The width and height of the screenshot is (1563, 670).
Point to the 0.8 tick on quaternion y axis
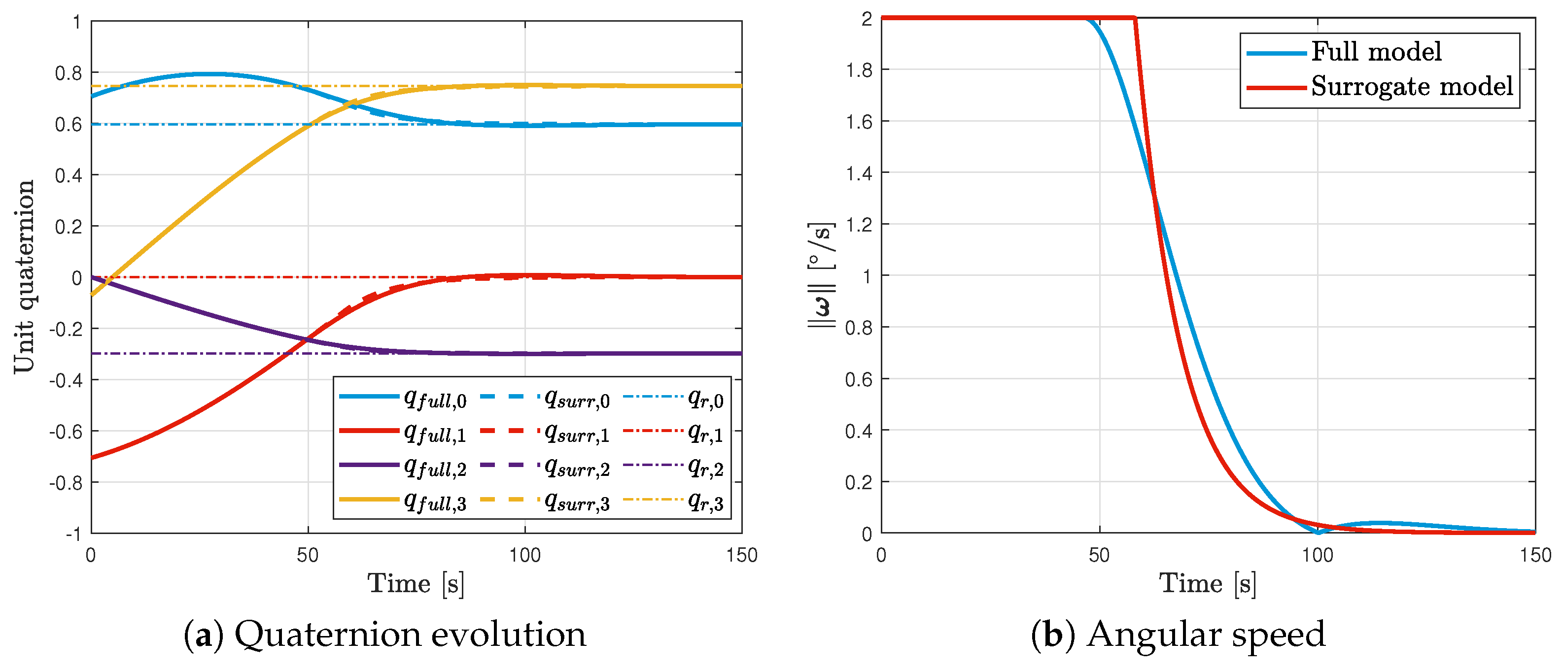coord(68,73)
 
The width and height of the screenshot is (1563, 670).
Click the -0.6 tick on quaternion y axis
coord(66,432)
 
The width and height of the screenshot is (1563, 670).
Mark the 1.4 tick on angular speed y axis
coord(859,173)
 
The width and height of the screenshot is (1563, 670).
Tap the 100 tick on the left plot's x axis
coord(524,555)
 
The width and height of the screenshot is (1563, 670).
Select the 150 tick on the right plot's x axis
coord(1534,555)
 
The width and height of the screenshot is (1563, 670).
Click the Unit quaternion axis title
coord(24,276)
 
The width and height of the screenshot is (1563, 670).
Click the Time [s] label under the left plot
coord(416,584)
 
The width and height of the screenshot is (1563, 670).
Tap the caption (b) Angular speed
coord(1177,635)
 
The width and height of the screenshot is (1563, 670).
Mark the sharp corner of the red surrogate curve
coord(1135,18)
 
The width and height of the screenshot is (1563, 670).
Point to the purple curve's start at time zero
coord(92,278)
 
